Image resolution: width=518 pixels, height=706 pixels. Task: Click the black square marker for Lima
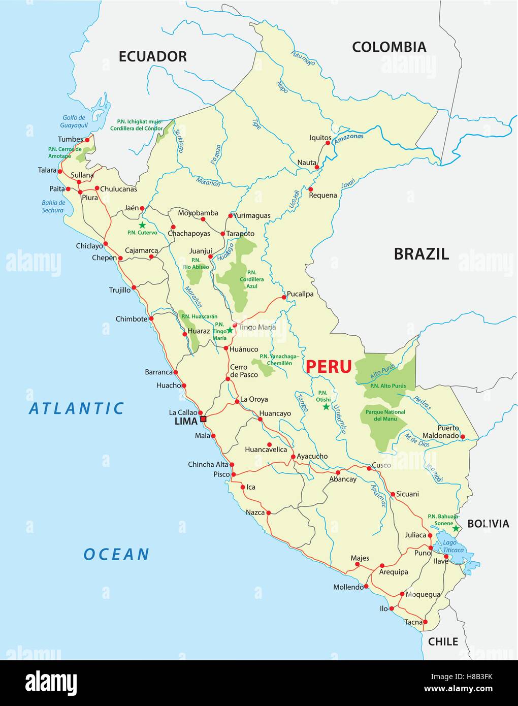pyautogui.click(x=203, y=419)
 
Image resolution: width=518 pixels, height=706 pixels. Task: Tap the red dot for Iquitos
pyautogui.click(x=328, y=143)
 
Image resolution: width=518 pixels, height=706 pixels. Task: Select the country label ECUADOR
pyautogui.click(x=152, y=56)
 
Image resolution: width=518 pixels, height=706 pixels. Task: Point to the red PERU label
pyautogui.click(x=329, y=366)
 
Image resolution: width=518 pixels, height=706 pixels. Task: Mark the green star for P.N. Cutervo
pyautogui.click(x=142, y=225)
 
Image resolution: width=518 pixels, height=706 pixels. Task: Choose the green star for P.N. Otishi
pyautogui.click(x=326, y=407)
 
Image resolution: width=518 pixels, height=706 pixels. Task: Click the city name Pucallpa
pyautogui.click(x=300, y=294)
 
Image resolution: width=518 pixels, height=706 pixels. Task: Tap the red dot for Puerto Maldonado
pyautogui.click(x=463, y=436)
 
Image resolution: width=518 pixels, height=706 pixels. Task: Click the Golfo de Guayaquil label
pyautogui.click(x=74, y=121)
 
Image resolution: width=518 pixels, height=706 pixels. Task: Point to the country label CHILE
pyautogui.click(x=443, y=641)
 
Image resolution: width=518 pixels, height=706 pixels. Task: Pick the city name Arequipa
pyautogui.click(x=394, y=572)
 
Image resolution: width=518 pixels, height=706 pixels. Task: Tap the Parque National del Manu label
pyautogui.click(x=385, y=415)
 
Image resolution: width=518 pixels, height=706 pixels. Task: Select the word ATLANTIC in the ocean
pyautogui.click(x=77, y=408)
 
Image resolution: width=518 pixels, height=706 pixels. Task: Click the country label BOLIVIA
pyautogui.click(x=488, y=524)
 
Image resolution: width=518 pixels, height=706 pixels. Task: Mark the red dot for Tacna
pyautogui.click(x=426, y=622)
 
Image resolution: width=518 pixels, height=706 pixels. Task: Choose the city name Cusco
pyautogui.click(x=381, y=465)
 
